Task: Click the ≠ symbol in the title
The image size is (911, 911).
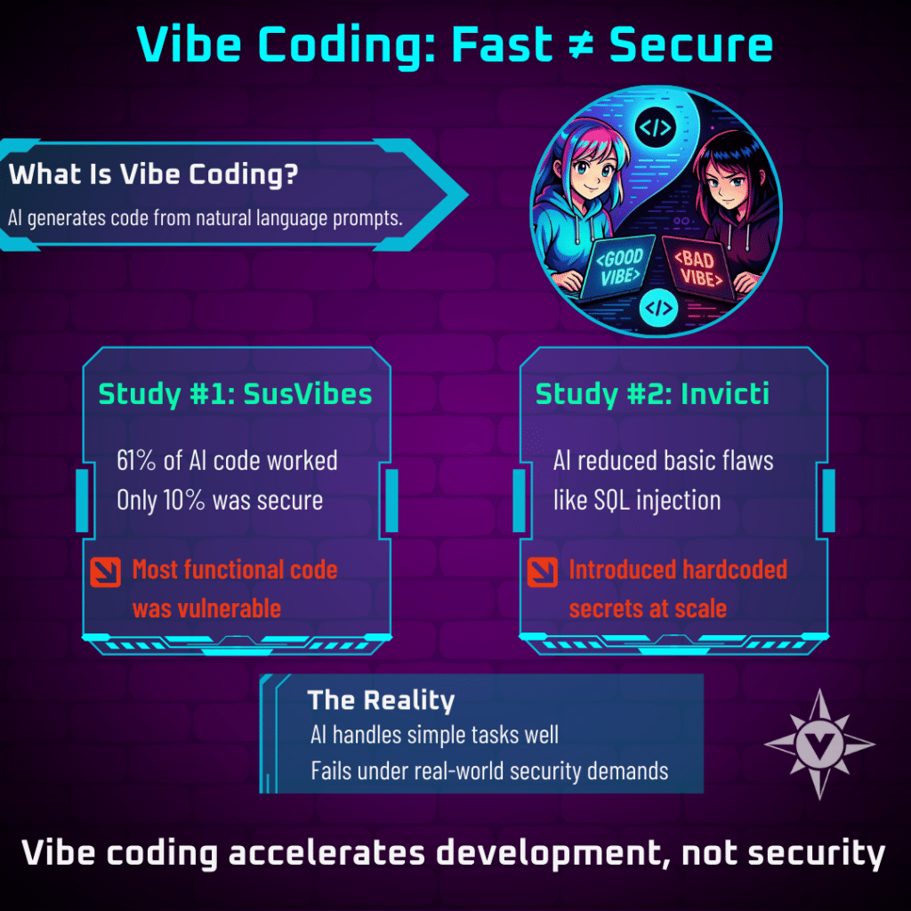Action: tap(579, 44)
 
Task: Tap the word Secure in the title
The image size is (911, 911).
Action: tap(690, 44)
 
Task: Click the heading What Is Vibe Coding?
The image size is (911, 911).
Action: tap(153, 173)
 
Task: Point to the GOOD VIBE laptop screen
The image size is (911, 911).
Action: tap(619, 267)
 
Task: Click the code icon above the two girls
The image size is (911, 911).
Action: tap(656, 127)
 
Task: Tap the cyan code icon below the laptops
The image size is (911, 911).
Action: tap(658, 308)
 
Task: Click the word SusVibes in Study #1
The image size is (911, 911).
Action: tap(307, 394)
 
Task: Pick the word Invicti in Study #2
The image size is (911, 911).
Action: tap(724, 393)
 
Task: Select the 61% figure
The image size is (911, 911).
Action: tap(136, 461)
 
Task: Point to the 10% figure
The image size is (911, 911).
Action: tap(184, 500)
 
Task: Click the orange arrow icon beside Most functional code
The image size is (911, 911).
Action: tap(106, 572)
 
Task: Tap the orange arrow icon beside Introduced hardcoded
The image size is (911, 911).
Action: tap(543, 572)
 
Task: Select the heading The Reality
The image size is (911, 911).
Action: tap(381, 701)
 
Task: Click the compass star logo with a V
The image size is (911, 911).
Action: tap(819, 744)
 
